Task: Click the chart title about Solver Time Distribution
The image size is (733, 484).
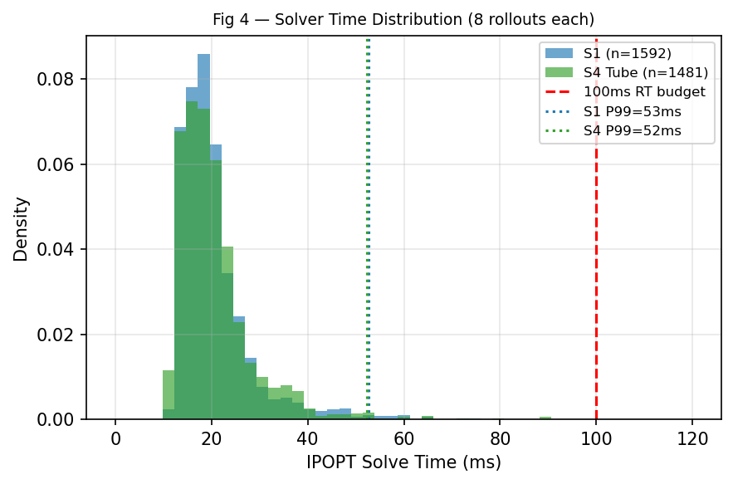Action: click(x=403, y=19)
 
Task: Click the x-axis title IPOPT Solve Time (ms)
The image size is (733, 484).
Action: click(x=403, y=462)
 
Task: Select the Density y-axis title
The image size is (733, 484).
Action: click(x=22, y=228)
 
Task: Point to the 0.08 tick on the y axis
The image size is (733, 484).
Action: click(x=61, y=80)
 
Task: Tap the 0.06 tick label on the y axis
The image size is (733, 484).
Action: click(x=61, y=164)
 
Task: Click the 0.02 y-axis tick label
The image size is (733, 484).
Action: click(x=61, y=335)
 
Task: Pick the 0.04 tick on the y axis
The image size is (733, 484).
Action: click(x=61, y=250)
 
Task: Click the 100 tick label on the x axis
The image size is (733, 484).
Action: click(x=596, y=438)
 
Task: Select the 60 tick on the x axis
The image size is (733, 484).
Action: click(x=403, y=438)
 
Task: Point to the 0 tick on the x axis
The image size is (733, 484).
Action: click(x=115, y=438)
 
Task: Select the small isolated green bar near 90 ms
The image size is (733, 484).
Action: click(x=545, y=418)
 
